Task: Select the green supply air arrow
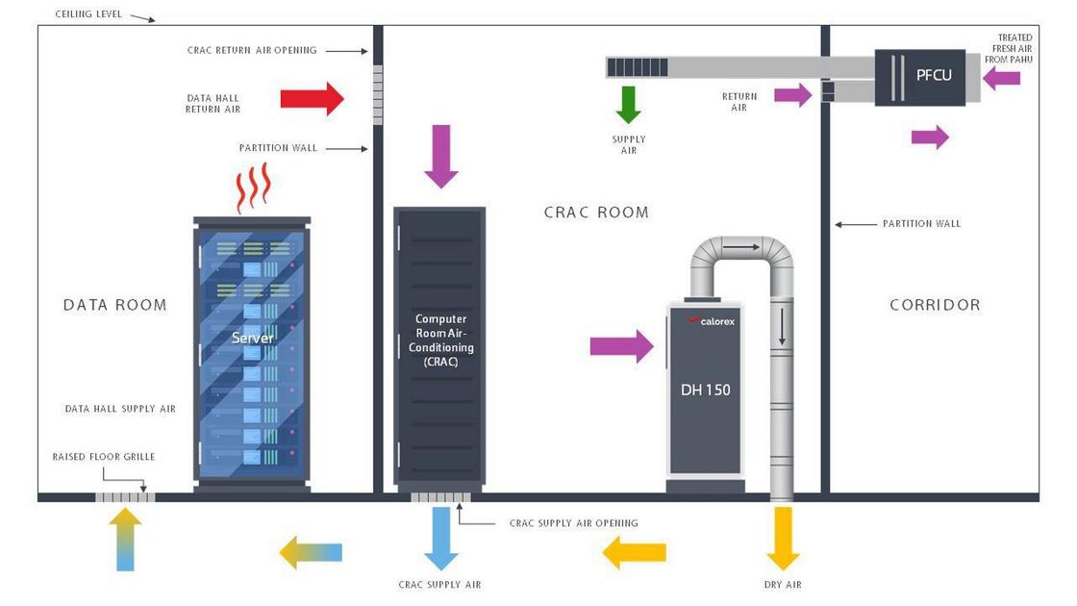[x=628, y=104]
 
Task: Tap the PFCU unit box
[x=920, y=76]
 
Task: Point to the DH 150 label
[x=705, y=390]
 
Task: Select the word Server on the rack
[x=253, y=339]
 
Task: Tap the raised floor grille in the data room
[x=125, y=497]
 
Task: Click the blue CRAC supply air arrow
[x=441, y=538]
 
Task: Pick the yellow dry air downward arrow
[x=784, y=538]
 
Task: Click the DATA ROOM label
[x=115, y=305]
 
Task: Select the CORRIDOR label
[x=935, y=305]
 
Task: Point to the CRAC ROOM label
[x=596, y=213]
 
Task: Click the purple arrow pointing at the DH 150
[x=621, y=345]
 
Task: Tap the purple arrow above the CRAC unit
[x=441, y=156]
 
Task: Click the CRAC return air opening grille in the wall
[x=378, y=94]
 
